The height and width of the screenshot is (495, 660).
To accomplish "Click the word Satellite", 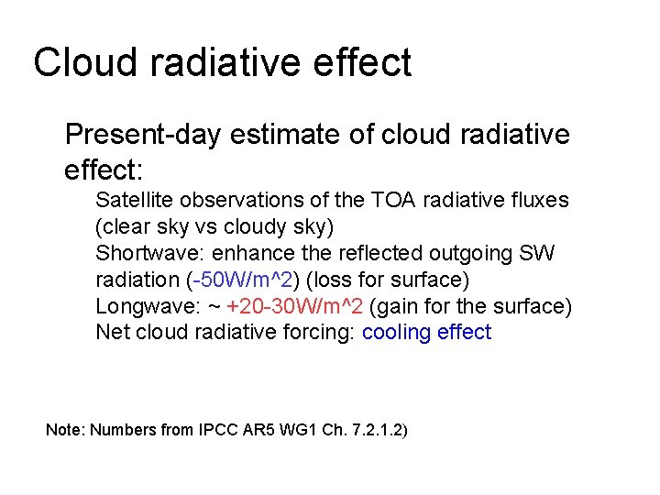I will click(x=129, y=200).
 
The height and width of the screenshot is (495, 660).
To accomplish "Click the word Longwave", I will click(x=136, y=305).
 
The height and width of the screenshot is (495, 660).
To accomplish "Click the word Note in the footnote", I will click(x=63, y=429).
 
